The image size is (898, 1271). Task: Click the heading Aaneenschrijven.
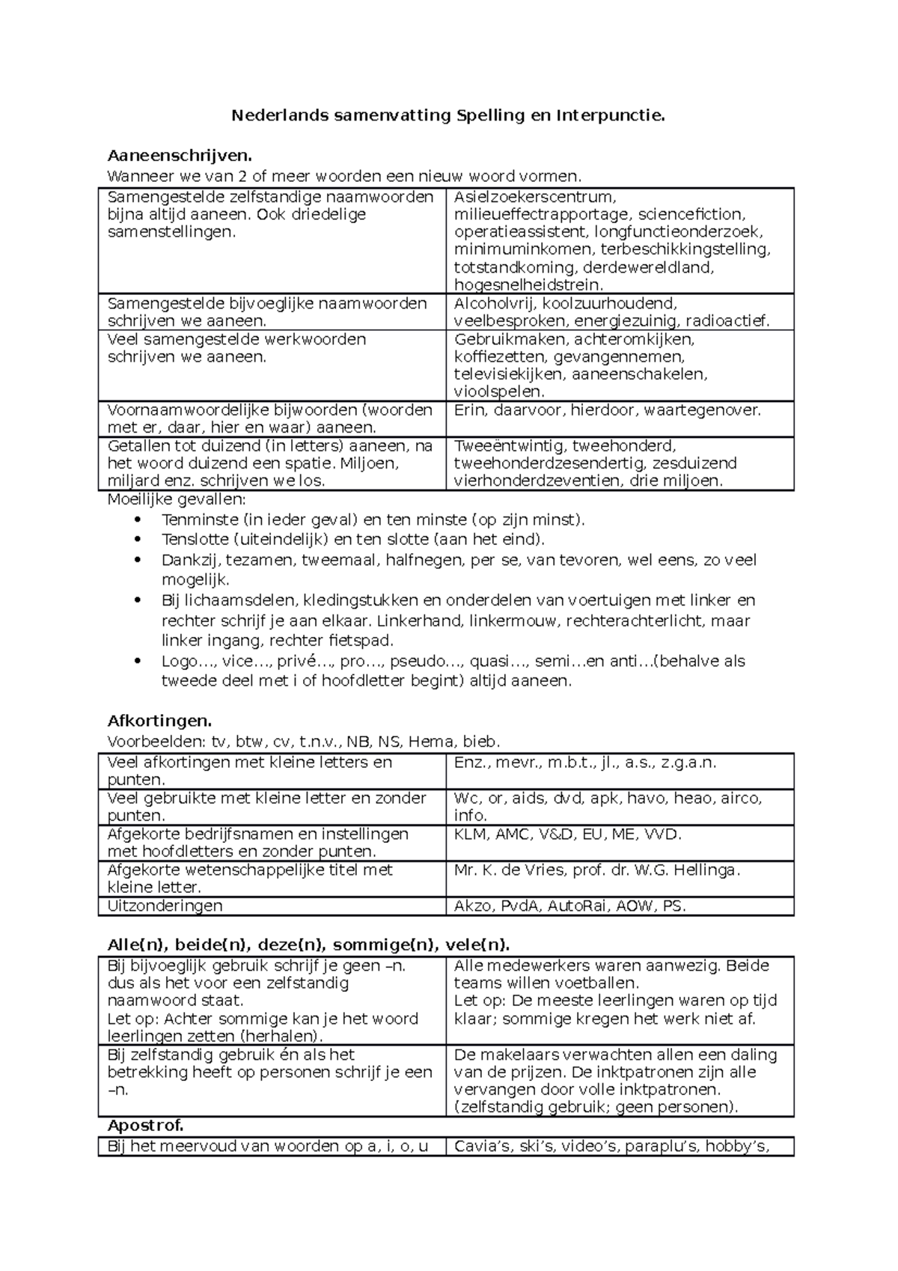[x=176, y=156]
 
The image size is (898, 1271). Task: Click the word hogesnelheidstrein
[x=528, y=284]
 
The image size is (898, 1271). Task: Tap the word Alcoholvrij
[x=495, y=303]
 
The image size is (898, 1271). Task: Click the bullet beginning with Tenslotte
[x=353, y=540]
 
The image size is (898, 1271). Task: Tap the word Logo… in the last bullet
[x=180, y=661]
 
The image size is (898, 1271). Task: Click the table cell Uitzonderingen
[x=165, y=906]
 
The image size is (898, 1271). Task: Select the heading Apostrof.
[x=145, y=1126]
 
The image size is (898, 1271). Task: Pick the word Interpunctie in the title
[x=609, y=115]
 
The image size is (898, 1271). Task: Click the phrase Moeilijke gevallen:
[x=177, y=499]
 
